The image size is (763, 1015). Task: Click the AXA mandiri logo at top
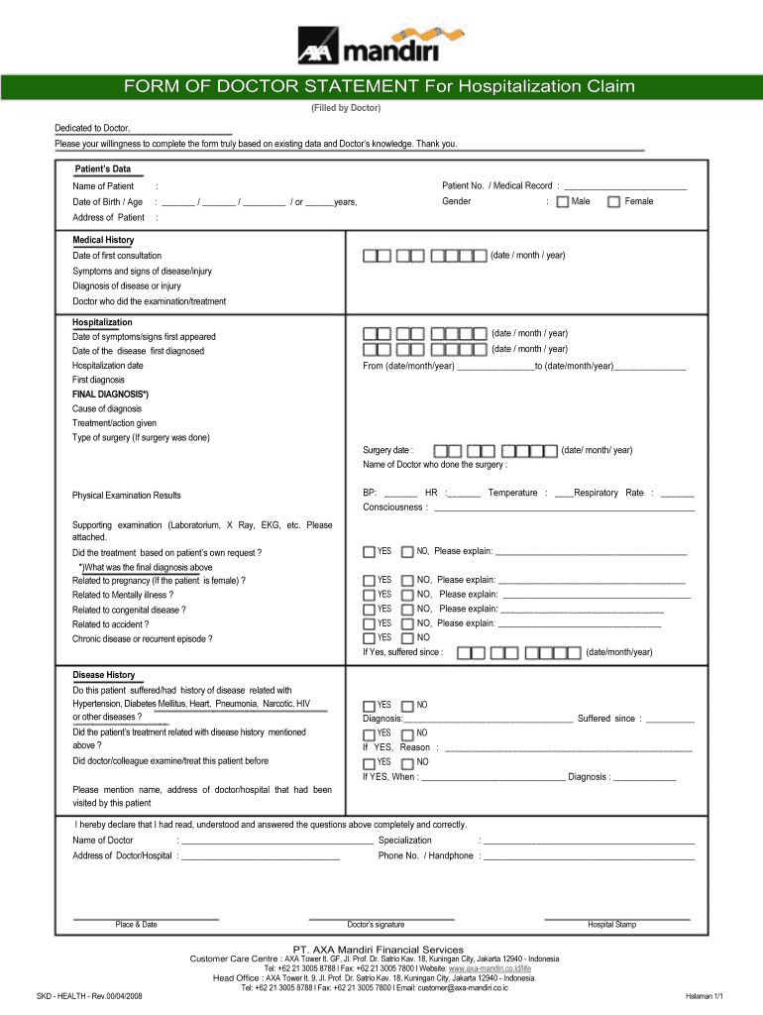pyautogui.click(x=381, y=46)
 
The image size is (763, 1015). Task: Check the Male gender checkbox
pyautogui.click(x=563, y=202)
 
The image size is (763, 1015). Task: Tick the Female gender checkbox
pyautogui.click(x=614, y=202)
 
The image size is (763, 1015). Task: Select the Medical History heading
pyautogui.click(x=103, y=240)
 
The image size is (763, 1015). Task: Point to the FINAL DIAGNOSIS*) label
pyautogui.click(x=110, y=394)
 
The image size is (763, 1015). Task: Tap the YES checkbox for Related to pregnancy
pyautogui.click(x=370, y=581)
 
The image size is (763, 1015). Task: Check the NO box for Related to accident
pyautogui.click(x=407, y=624)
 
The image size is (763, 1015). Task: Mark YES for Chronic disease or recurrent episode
pyautogui.click(x=370, y=638)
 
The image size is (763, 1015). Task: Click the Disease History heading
pyautogui.click(x=103, y=675)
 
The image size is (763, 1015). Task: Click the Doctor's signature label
pyautogui.click(x=376, y=925)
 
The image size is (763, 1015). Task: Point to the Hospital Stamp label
pyautogui.click(x=611, y=925)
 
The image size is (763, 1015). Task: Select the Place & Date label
pyautogui.click(x=136, y=925)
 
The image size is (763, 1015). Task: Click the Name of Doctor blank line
pyautogui.click(x=277, y=841)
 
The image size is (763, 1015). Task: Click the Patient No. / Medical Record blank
pyautogui.click(x=624, y=186)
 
